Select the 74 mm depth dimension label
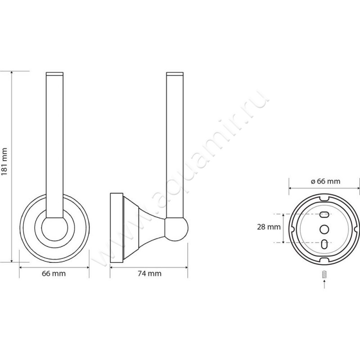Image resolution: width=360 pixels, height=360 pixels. pyautogui.click(x=149, y=274)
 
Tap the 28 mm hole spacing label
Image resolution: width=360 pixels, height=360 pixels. pyautogui.click(x=269, y=227)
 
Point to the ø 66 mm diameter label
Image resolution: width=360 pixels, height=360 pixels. pyautogui.click(x=325, y=181)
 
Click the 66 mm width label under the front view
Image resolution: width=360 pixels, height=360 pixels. pyautogui.click(x=54, y=274)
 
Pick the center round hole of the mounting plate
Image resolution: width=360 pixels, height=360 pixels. pyautogui.click(x=324, y=229)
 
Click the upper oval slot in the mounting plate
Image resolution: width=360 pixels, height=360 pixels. pyautogui.click(x=324, y=215)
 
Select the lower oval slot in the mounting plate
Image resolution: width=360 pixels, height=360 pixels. pyautogui.click(x=324, y=244)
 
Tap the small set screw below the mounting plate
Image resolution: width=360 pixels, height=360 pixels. pyautogui.click(x=324, y=274)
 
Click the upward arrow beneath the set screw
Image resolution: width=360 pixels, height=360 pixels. pyautogui.click(x=324, y=285)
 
